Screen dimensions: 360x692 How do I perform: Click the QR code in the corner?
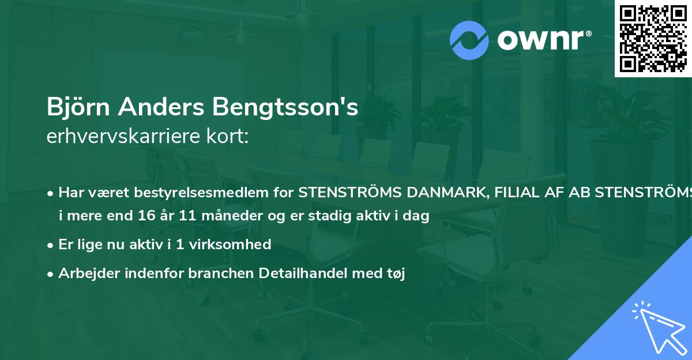[x=653, y=38]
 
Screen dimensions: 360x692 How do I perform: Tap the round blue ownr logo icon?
[x=469, y=40]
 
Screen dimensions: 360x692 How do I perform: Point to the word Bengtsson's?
[x=286, y=108]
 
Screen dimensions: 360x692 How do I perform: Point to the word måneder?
[x=212, y=216]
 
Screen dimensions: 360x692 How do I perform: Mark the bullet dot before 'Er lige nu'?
[x=51, y=245]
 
